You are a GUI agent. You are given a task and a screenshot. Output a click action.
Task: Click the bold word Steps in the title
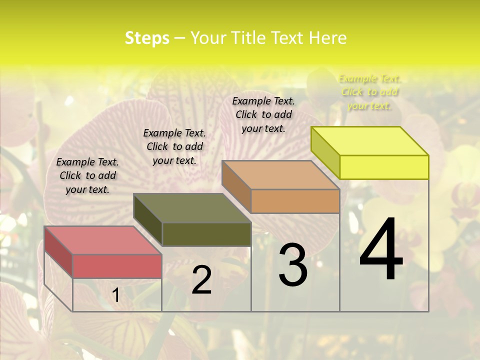tap(147, 38)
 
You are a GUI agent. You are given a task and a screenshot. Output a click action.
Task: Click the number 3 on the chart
tap(293, 264)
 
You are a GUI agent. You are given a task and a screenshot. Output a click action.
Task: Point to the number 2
tap(201, 280)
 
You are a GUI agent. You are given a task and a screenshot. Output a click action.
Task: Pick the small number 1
tap(115, 295)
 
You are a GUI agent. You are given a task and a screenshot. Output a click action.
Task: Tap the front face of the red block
tap(117, 266)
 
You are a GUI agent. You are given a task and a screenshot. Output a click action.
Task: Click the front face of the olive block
tap(206, 234)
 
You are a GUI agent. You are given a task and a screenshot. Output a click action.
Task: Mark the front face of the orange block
tap(295, 201)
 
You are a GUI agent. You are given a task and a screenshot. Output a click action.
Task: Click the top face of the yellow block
tap(370, 141)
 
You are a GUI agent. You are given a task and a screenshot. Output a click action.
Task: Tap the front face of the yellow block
tap(384, 167)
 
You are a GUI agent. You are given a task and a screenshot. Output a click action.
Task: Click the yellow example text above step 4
tap(369, 92)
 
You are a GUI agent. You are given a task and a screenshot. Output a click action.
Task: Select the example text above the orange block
tap(263, 114)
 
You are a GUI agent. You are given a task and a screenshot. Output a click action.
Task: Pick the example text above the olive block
tap(174, 146)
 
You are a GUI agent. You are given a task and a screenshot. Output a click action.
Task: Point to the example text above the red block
tap(87, 175)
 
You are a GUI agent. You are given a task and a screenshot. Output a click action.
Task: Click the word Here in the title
tap(329, 38)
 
